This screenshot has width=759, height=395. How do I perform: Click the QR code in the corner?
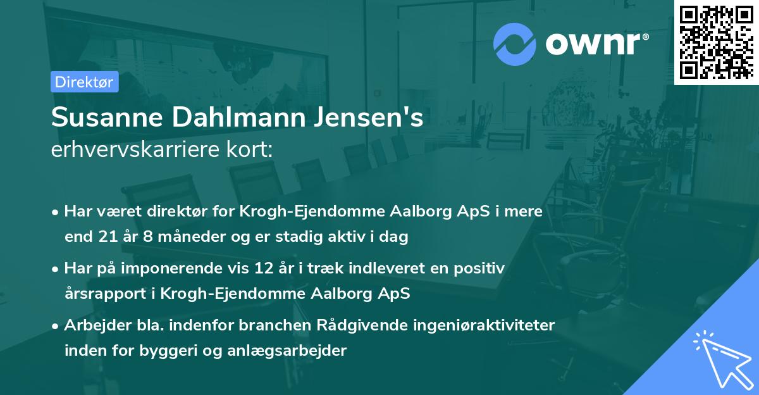[716, 42]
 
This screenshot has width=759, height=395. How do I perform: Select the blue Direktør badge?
[85, 82]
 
